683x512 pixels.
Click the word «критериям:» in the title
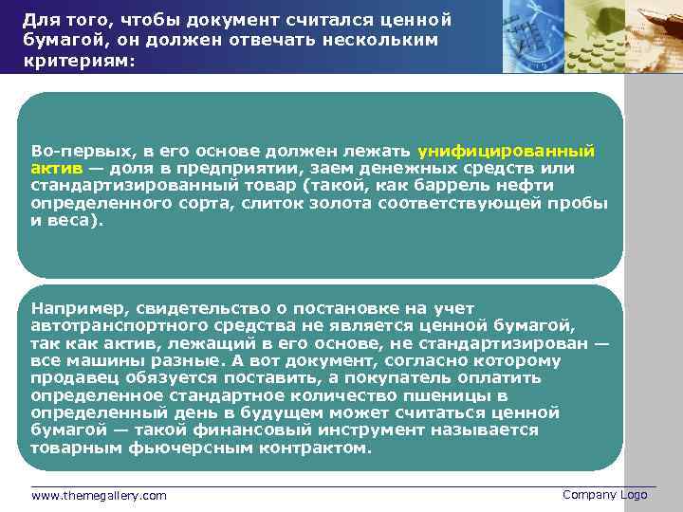point(80,60)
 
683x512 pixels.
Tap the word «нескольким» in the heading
point(383,40)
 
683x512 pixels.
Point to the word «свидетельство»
point(203,308)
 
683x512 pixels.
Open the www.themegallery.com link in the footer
point(99,496)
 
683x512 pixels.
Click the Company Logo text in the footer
point(604,495)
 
